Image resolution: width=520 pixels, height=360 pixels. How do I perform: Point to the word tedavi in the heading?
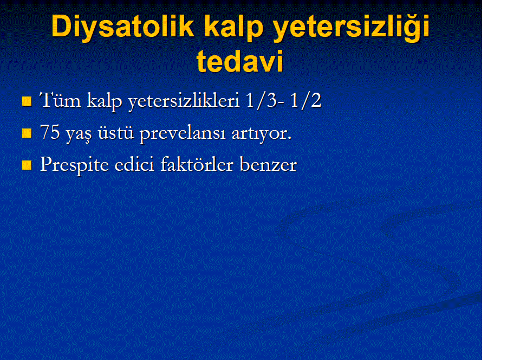tap(240, 61)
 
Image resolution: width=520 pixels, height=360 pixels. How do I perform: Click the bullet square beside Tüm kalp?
tap(27, 101)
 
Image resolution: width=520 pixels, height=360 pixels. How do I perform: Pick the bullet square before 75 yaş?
tap(27, 133)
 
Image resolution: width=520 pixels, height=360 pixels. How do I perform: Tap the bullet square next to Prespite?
tap(27, 165)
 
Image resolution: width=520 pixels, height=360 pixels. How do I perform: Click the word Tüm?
tap(60, 100)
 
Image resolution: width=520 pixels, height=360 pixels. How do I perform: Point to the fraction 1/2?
tap(305, 100)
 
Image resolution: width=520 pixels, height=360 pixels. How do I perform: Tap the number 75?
tap(50, 132)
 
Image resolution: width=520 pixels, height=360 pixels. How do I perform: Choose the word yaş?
tap(78, 134)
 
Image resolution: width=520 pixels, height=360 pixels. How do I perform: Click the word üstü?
tap(116, 132)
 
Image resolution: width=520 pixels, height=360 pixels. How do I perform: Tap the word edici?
tap(134, 164)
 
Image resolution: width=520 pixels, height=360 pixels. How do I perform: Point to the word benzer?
tap(268, 164)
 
